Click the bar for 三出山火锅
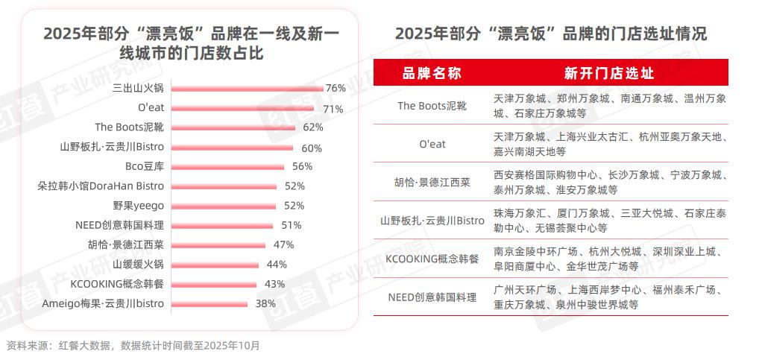pos(246,88)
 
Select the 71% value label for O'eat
pos(333,108)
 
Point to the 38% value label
pos(265,303)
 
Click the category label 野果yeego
pos(139,206)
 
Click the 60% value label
pos(312,148)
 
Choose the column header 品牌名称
pos(432,72)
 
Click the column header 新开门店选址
pos(608,72)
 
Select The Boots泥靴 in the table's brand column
pos(432,106)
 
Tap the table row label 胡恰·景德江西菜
pos(432,182)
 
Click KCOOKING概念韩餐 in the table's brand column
pos(432,259)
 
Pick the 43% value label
pos(274,284)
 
